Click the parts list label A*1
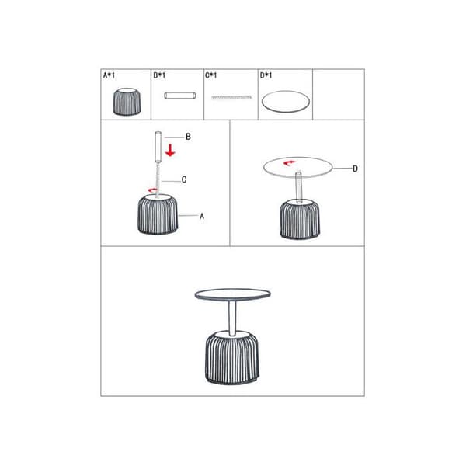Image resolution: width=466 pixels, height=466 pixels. tap(109, 75)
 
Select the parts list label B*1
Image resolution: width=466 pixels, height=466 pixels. tap(159, 75)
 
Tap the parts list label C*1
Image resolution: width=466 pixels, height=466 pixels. tap(210, 75)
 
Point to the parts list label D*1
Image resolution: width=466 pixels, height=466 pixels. tap(266, 75)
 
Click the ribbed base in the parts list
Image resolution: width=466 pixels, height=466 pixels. tap(127, 101)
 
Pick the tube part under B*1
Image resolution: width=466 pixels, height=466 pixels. tap(180, 96)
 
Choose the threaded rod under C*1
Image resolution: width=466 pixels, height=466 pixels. tap(231, 97)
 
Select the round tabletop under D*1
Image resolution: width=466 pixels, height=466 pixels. tap(285, 101)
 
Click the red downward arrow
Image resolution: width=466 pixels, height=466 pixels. tap(170, 150)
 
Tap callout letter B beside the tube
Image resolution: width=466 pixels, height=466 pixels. tap(188, 137)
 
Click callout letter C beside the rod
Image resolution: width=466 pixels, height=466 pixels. tap(184, 179)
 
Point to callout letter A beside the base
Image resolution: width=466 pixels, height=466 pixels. tap(202, 216)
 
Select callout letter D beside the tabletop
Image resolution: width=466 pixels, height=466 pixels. tap(355, 169)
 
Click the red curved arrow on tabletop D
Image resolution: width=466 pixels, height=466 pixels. tap(289, 162)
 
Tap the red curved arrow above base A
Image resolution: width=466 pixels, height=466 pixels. tap(152, 190)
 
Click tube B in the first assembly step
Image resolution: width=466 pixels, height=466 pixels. tap(158, 147)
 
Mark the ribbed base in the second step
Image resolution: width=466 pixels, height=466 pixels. tap(300, 219)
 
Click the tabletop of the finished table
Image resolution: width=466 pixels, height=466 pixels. tap(233, 294)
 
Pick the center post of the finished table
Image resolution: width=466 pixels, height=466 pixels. tap(232, 318)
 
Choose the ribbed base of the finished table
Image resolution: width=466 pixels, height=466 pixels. tap(231, 357)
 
